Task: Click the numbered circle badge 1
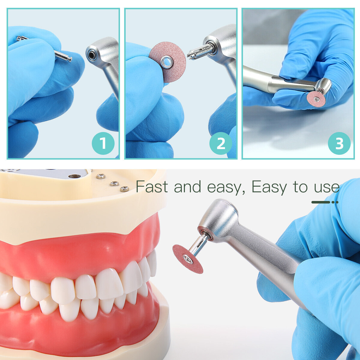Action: point(103,143)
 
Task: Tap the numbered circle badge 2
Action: point(220,143)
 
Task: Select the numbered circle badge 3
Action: point(339,143)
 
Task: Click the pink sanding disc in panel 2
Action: point(168,62)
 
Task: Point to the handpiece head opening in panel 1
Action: point(92,54)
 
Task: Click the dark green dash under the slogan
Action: point(321,202)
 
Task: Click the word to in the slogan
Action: point(300,187)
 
